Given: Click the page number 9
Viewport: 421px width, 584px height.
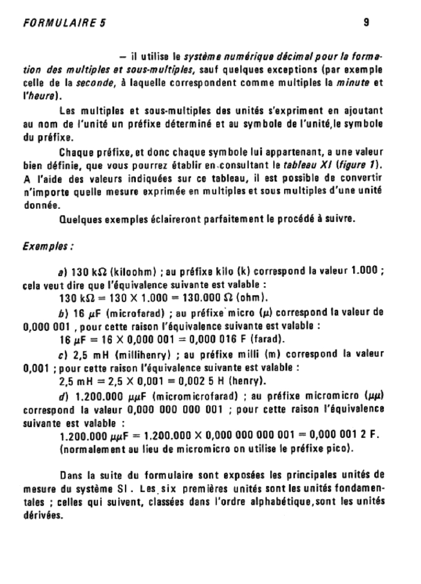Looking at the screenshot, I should [x=366, y=23].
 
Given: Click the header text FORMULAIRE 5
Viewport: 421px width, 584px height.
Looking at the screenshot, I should [x=64, y=23].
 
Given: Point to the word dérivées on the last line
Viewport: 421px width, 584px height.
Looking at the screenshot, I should [x=42, y=515].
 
